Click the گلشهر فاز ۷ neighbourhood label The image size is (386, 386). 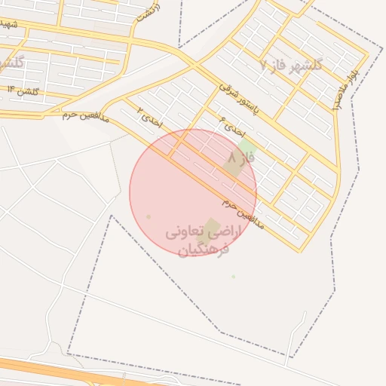click(x=290, y=65)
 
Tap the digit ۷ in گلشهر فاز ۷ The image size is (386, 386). click(x=263, y=65)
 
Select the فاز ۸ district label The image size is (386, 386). click(x=241, y=159)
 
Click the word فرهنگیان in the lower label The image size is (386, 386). click(x=203, y=250)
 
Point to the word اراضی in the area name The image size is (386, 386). click(x=226, y=234)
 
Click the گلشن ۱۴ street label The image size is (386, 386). click(x=22, y=90)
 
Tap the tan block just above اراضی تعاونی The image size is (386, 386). click(x=213, y=225)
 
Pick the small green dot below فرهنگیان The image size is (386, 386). click(x=234, y=277)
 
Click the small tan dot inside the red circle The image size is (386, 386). click(x=149, y=217)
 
